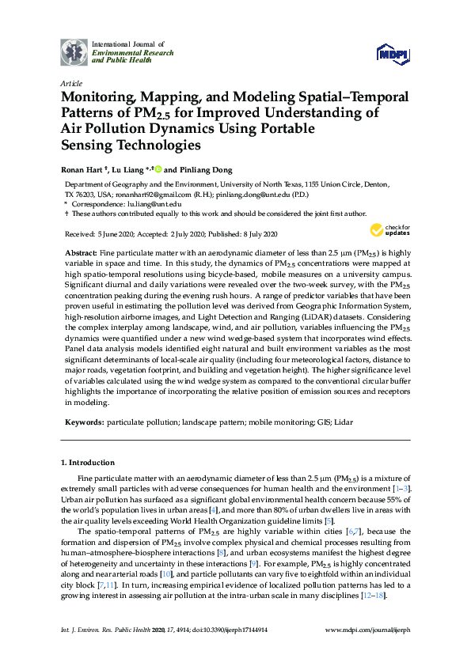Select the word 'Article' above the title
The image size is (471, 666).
click(x=70, y=83)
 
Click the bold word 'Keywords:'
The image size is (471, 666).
click(x=82, y=423)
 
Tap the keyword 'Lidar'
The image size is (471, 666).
click(x=343, y=423)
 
